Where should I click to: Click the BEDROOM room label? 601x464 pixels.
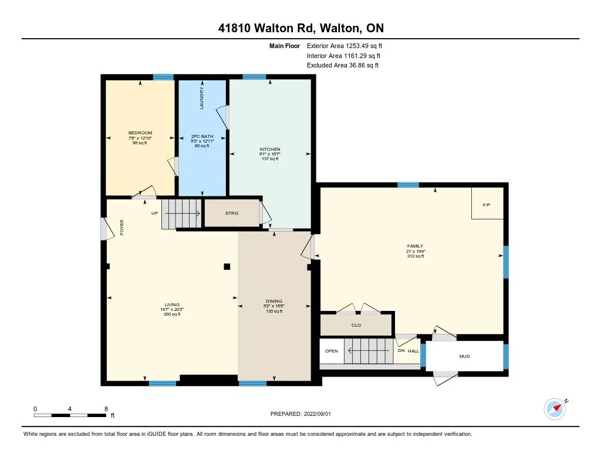[x=140, y=133]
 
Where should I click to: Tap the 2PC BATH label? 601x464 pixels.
[x=202, y=137]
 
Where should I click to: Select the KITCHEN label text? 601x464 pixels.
[x=270, y=149]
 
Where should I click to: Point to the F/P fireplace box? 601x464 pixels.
[x=487, y=204]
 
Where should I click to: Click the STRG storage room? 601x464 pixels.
[x=232, y=213]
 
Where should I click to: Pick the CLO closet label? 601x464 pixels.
[x=356, y=326]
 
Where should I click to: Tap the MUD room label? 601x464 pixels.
[x=465, y=356]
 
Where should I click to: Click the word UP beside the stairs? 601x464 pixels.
[x=154, y=213]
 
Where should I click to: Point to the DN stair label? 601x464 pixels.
[x=401, y=351]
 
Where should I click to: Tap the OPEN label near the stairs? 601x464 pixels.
[x=332, y=351]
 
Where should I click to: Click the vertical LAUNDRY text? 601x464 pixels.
[x=202, y=98]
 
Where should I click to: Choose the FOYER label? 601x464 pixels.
[x=122, y=227]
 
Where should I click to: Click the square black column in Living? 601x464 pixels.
[x=227, y=267]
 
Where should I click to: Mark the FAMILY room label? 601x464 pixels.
[x=416, y=246]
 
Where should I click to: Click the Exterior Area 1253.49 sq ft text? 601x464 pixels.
[x=345, y=46]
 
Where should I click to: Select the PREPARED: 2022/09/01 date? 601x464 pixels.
[x=300, y=414]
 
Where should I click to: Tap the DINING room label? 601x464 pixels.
[x=274, y=301]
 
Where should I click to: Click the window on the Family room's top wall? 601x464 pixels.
[x=408, y=185]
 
